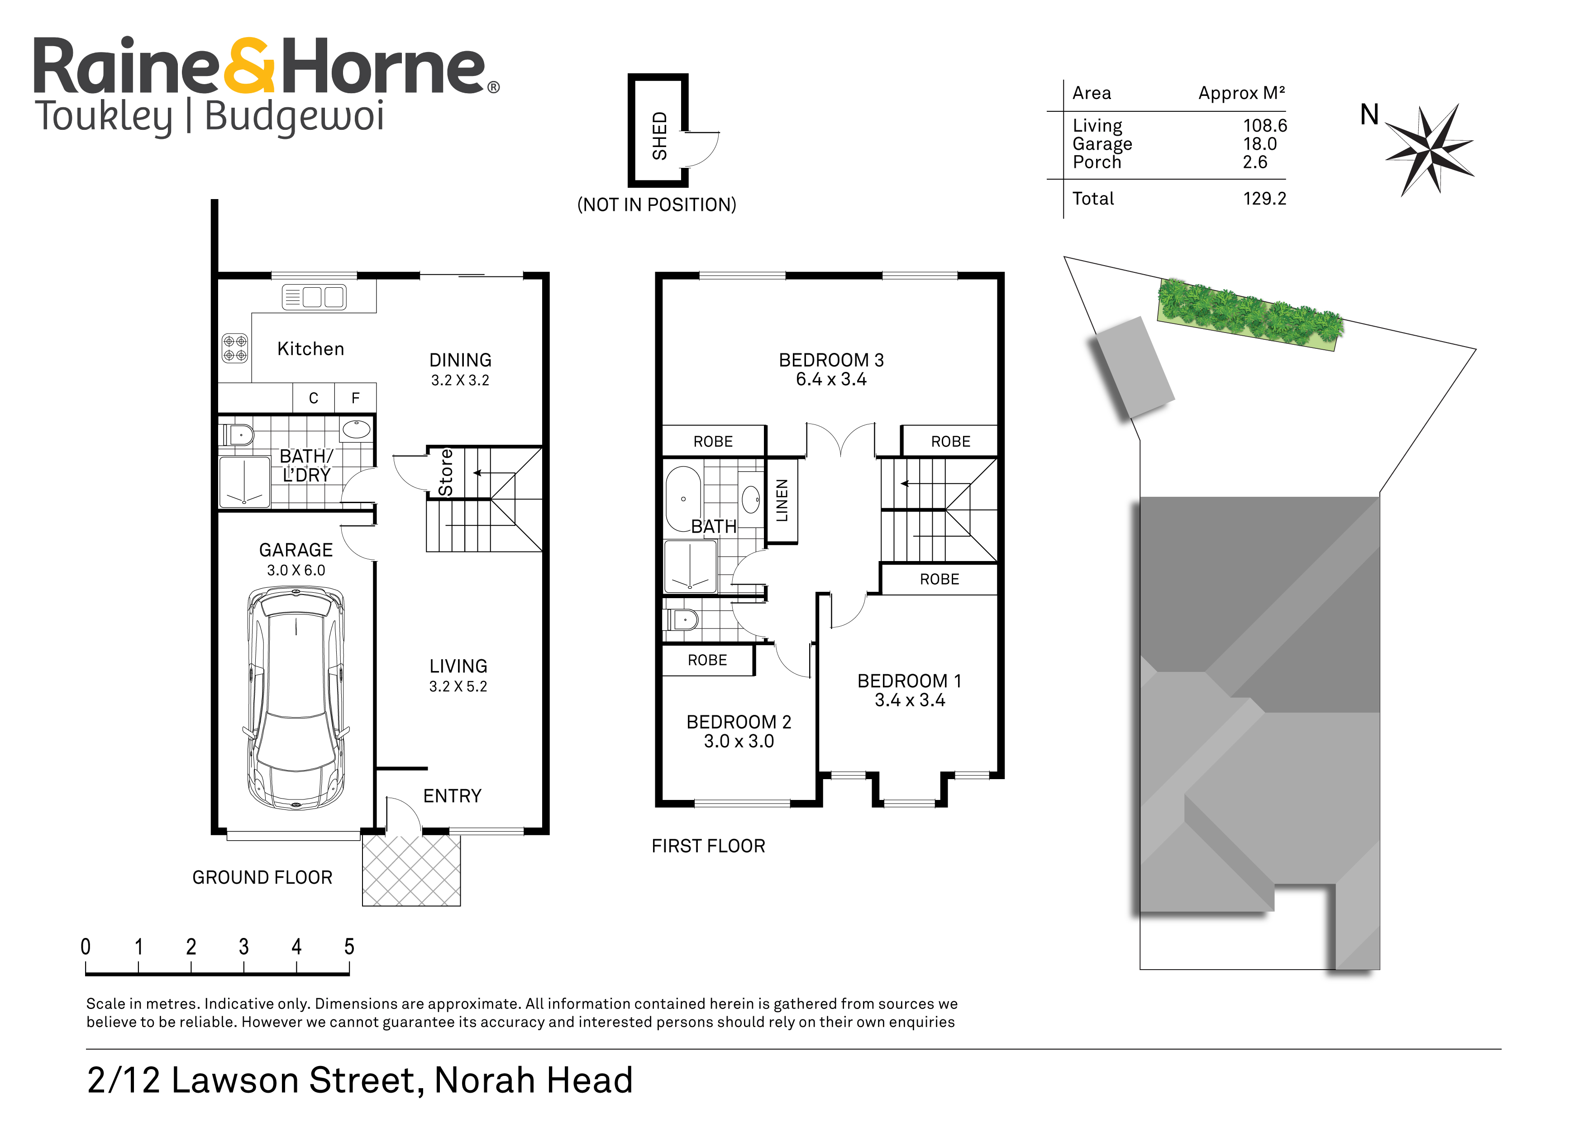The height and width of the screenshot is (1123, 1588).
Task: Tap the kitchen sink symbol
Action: (314, 297)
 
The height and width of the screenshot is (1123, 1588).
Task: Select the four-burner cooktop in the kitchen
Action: (234, 348)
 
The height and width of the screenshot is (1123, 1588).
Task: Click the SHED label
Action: (660, 136)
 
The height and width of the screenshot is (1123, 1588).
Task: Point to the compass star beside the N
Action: (1430, 149)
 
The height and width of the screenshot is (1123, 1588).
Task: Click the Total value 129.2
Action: (1264, 199)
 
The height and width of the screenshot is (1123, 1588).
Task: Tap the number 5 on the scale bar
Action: (349, 947)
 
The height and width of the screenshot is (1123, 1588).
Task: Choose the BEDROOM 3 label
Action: (831, 360)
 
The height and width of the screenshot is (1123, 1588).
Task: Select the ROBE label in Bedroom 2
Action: (707, 661)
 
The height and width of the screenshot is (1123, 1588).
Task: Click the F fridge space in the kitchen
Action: (356, 398)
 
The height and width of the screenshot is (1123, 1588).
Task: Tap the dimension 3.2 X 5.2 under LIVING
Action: (458, 687)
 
